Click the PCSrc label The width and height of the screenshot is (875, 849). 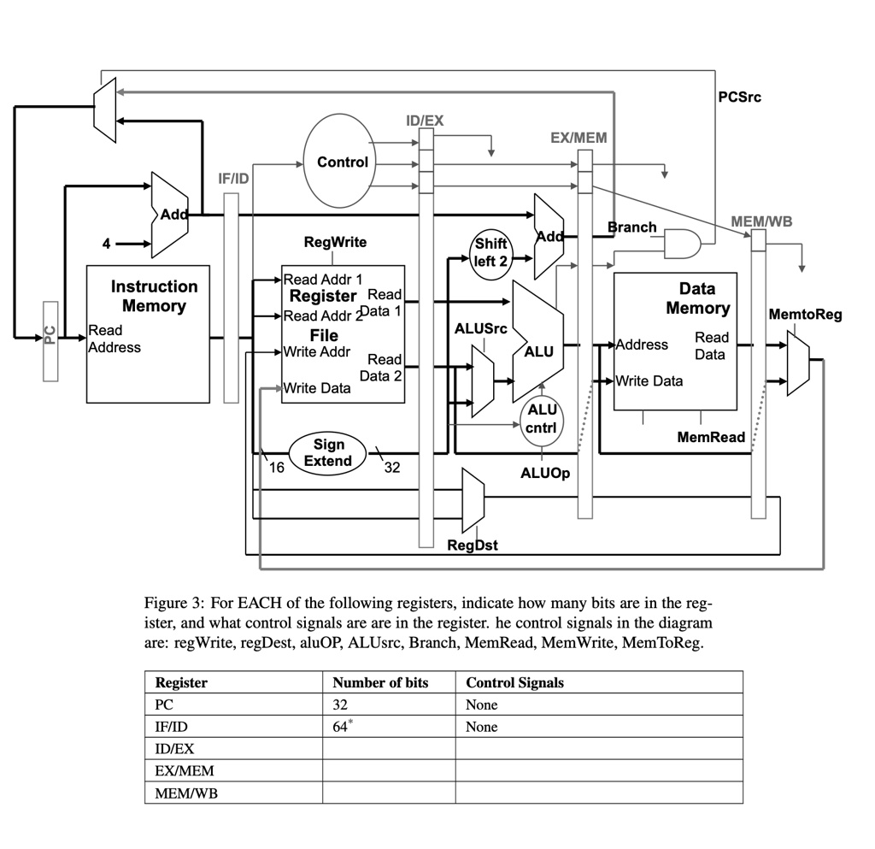(x=739, y=97)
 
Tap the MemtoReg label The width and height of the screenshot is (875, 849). (x=805, y=315)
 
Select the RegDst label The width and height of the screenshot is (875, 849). (x=473, y=545)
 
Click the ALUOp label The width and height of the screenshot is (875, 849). (x=545, y=474)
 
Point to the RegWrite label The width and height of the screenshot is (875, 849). (x=335, y=242)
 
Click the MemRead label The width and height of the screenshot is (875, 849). (x=711, y=437)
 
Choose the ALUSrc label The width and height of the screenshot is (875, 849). (x=480, y=329)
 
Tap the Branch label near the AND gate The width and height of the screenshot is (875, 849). (x=631, y=227)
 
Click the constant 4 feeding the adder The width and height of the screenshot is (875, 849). (x=106, y=244)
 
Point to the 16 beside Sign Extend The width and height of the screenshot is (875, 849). (x=276, y=468)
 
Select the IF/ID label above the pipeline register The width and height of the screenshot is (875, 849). (x=233, y=179)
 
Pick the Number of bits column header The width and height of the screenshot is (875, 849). (x=380, y=682)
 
